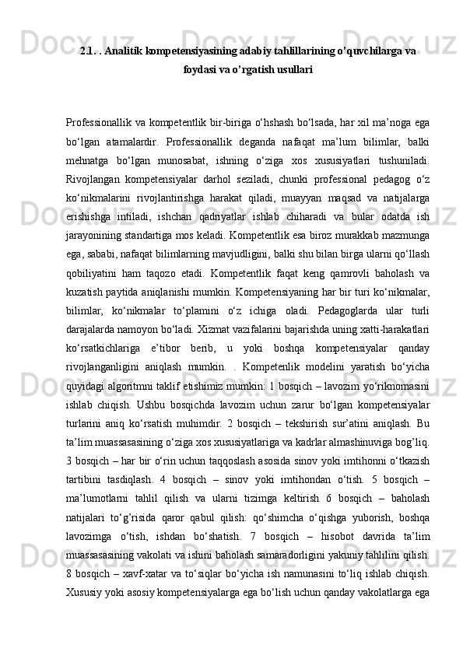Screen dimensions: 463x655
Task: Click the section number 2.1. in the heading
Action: (88, 51)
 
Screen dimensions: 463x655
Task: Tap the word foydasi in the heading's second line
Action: (199, 69)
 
